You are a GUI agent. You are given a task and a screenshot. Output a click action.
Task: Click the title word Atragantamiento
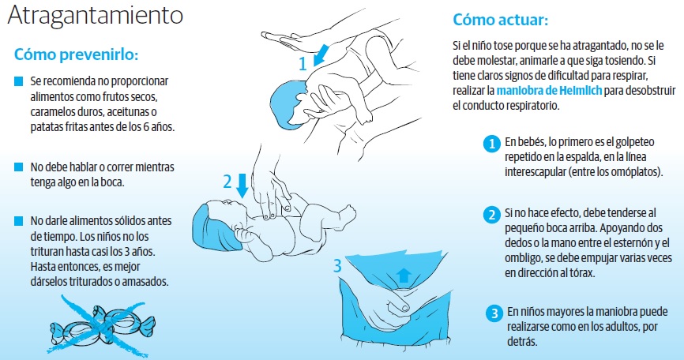(95, 16)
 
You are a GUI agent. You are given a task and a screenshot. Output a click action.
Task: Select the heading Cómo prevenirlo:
(76, 55)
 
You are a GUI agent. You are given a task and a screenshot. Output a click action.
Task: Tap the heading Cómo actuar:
(500, 20)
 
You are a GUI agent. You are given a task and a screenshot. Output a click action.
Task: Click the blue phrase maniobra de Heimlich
(549, 91)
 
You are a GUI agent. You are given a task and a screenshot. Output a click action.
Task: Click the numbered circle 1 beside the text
(491, 144)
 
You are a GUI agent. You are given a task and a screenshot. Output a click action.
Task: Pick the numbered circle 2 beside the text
(491, 215)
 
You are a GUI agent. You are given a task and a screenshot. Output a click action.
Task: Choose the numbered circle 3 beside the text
(494, 313)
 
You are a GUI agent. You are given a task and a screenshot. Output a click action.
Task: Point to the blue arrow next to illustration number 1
(321, 54)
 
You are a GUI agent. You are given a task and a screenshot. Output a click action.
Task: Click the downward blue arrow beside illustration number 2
(242, 186)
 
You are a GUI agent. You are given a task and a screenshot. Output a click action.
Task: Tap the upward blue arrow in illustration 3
(404, 276)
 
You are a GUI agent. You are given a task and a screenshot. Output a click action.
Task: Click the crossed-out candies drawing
(103, 324)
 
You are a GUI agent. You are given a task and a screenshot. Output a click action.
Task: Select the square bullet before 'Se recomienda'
(18, 81)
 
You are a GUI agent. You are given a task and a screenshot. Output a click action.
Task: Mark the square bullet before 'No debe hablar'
(18, 167)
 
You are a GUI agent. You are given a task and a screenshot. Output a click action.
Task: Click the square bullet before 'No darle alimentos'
(18, 221)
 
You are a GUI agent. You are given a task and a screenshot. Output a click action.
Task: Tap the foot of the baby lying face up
(348, 214)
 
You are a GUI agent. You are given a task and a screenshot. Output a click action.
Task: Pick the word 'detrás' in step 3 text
(522, 341)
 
